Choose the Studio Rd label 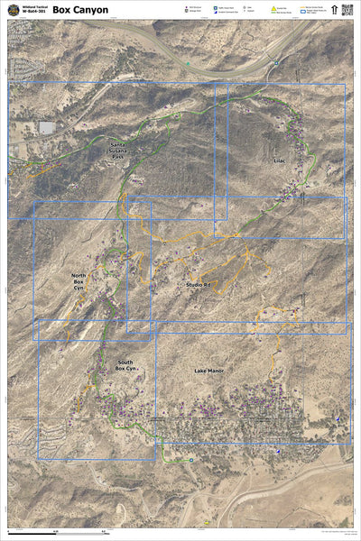198,285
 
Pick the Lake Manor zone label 208,371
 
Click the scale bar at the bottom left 63,531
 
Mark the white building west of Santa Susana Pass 47,128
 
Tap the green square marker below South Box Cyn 190,459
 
